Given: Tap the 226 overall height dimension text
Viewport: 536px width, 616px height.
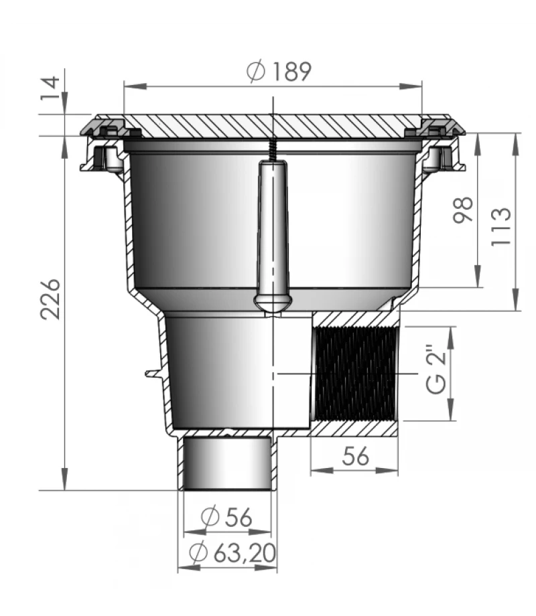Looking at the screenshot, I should (52, 299).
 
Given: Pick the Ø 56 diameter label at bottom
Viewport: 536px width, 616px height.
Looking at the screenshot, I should (228, 517).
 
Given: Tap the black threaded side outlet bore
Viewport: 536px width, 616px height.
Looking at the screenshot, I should (354, 374).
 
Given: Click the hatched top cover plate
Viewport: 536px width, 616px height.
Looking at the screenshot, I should (273, 126).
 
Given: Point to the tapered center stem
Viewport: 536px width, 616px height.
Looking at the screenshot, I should (273, 228).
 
